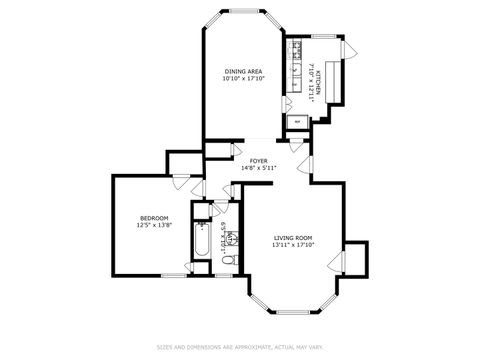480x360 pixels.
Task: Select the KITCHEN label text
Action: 317,73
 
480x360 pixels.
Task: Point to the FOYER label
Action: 258,159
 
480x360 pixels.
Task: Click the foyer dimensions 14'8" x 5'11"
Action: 258,167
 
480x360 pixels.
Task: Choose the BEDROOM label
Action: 153,218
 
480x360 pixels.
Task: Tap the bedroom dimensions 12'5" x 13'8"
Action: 153,225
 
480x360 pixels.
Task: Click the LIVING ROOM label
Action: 294,238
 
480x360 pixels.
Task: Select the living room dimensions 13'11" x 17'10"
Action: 294,245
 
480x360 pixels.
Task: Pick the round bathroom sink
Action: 233,238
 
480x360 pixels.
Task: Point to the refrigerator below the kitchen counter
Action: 298,122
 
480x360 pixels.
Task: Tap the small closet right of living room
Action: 356,258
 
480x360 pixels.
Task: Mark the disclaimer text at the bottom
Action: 240,347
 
